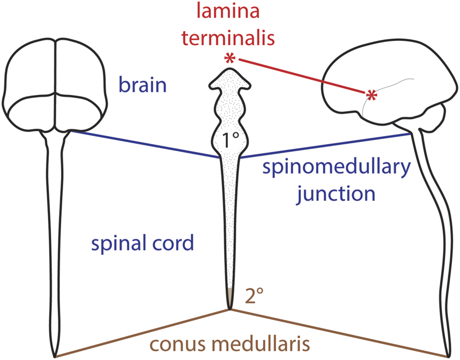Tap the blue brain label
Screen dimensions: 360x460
click(x=143, y=85)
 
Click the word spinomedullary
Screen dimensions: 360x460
click(x=335, y=168)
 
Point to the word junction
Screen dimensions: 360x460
click(x=336, y=193)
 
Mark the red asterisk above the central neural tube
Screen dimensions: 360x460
click(x=229, y=59)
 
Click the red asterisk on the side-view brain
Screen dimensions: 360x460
click(x=372, y=95)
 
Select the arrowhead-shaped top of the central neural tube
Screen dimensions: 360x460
click(x=230, y=80)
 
